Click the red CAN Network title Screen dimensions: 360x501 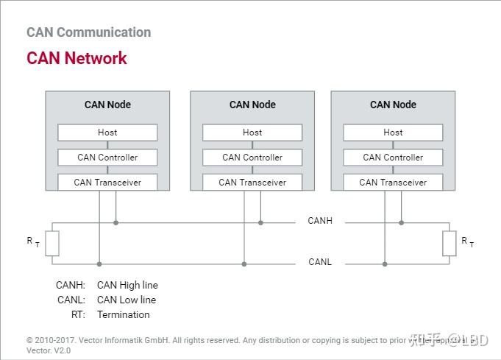coord(77,58)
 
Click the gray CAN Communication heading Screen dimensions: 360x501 coord(88,32)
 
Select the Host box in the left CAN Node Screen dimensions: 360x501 coord(107,133)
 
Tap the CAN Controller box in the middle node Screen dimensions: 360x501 coord(252,158)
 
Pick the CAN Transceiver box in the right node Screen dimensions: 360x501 coord(393,182)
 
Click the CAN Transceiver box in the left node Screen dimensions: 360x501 coord(107,182)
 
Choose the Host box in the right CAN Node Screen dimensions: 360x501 coord(393,133)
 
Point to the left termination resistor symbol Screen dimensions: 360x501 coord(51,243)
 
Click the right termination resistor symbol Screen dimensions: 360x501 coord(449,243)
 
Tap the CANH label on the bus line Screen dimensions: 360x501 coord(320,221)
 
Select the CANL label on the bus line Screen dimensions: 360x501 coord(320,262)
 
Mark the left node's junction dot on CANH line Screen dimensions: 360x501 coord(116,222)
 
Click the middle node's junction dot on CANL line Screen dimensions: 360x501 coord(244,264)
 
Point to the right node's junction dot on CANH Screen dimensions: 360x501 coord(401,222)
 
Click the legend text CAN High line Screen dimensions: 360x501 coord(127,285)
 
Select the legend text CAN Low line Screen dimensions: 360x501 coord(127,300)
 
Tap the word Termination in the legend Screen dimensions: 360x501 coord(123,314)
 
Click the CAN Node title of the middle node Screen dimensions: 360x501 coord(252,105)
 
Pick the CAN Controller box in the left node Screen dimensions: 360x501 coord(107,158)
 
